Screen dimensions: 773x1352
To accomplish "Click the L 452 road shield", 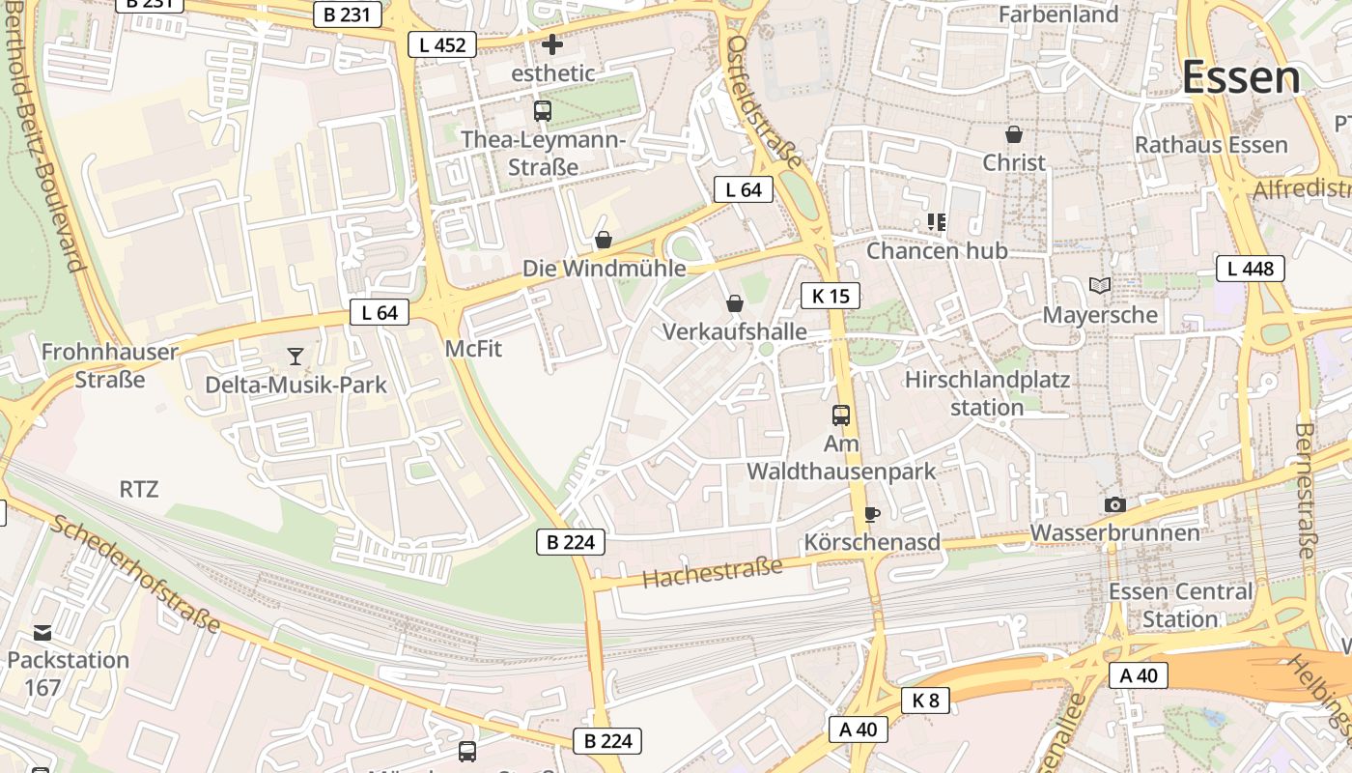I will click(442, 44).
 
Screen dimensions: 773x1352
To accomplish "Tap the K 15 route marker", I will click(831, 296).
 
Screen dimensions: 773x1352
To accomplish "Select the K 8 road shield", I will click(925, 701).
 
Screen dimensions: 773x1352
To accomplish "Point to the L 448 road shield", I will click(1251, 269).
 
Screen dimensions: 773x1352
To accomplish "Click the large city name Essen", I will click(1241, 78).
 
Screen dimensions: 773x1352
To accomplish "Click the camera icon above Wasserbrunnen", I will click(1115, 504).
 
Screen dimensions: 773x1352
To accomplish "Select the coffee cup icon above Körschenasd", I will click(872, 514).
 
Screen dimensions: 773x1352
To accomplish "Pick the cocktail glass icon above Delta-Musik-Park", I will click(296, 357).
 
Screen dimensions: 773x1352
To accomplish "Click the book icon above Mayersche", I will click(1100, 285).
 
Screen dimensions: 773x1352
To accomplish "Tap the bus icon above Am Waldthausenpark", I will click(841, 415).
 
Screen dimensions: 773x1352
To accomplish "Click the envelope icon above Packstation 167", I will click(42, 633).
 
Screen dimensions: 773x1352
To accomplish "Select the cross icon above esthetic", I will click(552, 44).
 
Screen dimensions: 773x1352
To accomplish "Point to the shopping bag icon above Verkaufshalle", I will click(735, 303).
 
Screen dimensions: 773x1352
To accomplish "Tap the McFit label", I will click(473, 349).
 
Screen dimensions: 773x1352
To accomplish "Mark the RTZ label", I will click(138, 489).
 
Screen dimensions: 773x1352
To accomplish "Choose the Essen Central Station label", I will click(1180, 605).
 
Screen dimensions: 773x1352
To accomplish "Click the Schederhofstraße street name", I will click(135, 575).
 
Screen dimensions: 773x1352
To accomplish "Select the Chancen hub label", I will click(937, 251).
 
